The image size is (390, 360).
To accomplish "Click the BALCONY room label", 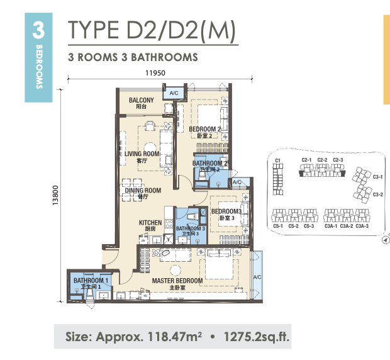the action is [142, 100].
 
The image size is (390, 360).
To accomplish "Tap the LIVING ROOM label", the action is [142, 154].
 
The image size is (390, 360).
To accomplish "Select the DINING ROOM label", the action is [143, 190].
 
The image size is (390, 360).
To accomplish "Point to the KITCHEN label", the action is [150, 222].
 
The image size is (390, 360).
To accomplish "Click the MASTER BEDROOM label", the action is [177, 281].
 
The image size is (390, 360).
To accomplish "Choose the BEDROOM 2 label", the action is [204, 129].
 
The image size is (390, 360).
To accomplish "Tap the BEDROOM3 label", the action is [226, 211].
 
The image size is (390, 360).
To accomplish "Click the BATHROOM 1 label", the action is [91, 281].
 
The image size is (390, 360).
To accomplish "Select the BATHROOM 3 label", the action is [190, 228].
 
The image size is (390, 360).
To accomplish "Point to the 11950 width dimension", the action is [155, 73].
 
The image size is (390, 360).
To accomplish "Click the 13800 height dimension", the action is [55, 195].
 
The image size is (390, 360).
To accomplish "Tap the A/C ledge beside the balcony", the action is [174, 93].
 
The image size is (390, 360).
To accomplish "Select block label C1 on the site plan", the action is [278, 160].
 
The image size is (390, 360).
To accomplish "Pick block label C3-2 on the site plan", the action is [378, 194].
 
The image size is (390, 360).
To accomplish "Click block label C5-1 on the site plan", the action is [278, 226].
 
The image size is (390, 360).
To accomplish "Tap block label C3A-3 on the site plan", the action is [362, 226].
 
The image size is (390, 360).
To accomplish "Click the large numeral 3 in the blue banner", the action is [38, 30].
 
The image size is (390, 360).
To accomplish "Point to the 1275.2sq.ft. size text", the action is [257, 337].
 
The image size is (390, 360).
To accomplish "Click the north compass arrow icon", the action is [386, 240].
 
